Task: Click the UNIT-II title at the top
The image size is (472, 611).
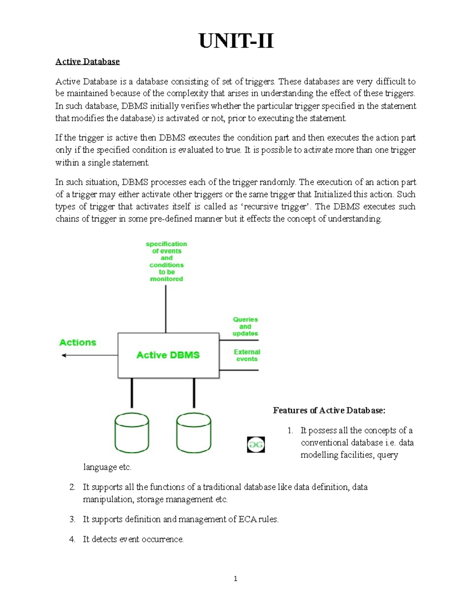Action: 236,41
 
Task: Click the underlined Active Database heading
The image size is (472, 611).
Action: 87,61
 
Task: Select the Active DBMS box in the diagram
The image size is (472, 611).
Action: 168,355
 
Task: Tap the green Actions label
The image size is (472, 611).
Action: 77,342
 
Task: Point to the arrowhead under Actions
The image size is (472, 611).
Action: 64,355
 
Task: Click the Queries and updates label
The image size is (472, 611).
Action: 245,327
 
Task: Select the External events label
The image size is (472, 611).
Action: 247,355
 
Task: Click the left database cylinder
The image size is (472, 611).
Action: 132,433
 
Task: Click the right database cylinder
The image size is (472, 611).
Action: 194,433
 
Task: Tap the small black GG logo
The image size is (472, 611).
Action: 256,445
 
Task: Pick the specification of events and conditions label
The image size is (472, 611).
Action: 166,261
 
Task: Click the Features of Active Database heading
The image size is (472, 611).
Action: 329,410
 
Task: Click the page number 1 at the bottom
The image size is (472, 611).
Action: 235,578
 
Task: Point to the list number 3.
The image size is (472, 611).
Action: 72,519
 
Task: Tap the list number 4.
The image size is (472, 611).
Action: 72,539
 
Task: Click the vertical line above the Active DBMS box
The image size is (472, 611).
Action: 166,309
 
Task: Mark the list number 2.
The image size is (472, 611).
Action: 72,487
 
